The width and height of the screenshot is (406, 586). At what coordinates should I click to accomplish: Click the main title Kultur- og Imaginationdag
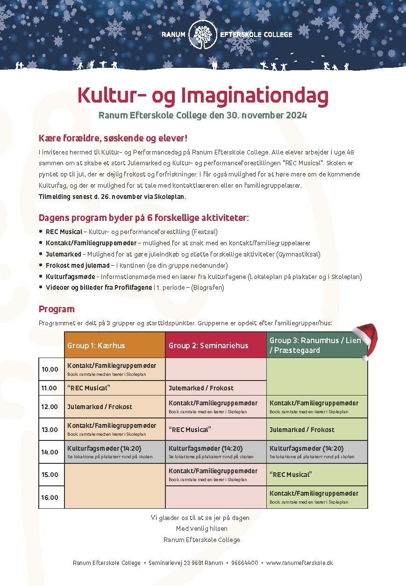point(203,95)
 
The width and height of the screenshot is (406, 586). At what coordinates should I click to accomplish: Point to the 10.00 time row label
point(50,369)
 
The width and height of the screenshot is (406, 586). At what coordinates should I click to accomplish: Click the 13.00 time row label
point(50,430)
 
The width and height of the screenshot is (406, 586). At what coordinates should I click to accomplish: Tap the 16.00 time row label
point(50,498)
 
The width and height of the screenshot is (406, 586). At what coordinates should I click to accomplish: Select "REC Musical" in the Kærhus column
point(89,388)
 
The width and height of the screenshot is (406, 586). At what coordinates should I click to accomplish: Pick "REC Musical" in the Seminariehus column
point(190,430)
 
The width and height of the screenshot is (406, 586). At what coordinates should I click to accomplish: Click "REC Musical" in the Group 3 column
point(291,475)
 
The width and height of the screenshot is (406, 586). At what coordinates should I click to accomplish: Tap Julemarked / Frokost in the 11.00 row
point(201,388)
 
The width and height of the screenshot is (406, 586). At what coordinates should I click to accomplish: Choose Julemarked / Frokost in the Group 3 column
point(302,430)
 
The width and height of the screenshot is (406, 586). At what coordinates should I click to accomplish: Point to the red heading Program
point(57,309)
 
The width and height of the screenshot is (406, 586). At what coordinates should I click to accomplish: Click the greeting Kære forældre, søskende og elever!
point(114,139)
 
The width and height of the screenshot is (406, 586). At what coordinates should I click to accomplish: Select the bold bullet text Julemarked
point(63,254)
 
